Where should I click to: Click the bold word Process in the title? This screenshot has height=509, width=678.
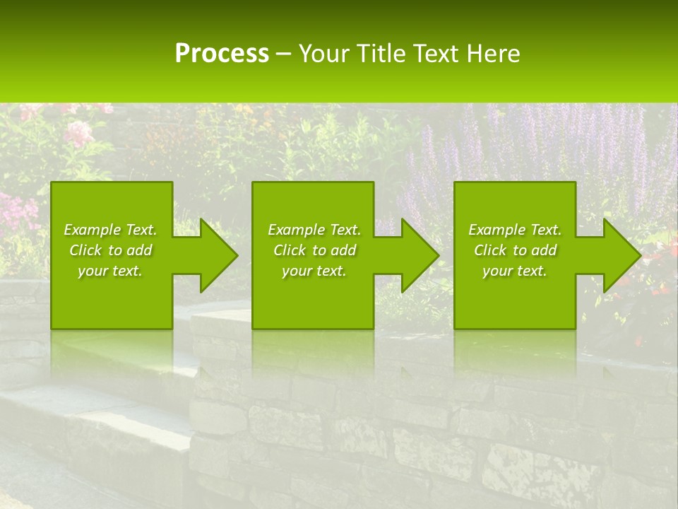click(222, 54)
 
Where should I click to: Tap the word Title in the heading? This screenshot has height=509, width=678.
click(382, 54)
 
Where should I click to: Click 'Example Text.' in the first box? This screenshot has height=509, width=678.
click(110, 230)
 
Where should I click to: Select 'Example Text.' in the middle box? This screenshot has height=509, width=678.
click(314, 230)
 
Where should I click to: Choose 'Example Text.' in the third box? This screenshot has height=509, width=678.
click(515, 230)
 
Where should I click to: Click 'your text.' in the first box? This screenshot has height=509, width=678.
click(110, 271)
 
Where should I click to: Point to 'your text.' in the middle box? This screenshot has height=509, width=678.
click(314, 271)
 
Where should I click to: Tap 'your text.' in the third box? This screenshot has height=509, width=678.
click(515, 271)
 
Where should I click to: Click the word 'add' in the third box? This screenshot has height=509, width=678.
click(545, 250)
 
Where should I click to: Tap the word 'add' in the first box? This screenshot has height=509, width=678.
click(140, 250)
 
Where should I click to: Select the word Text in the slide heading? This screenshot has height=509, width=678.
click(437, 54)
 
